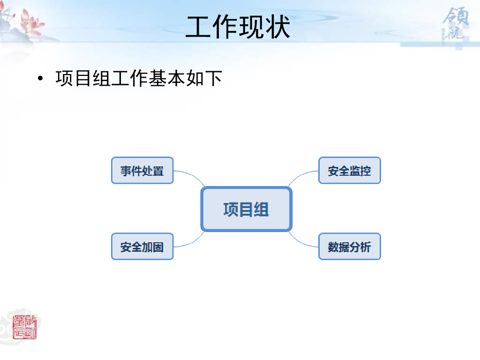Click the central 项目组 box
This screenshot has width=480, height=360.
coord(246,209)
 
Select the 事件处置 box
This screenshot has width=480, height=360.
coord(142,170)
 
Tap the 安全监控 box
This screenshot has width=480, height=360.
coord(349,170)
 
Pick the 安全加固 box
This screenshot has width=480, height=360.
coord(142,246)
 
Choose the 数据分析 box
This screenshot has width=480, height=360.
coord(349,246)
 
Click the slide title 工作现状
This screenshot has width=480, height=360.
coord(238,27)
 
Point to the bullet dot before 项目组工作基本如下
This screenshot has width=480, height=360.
coord(41,78)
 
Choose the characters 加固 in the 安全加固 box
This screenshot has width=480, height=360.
coord(153,246)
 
